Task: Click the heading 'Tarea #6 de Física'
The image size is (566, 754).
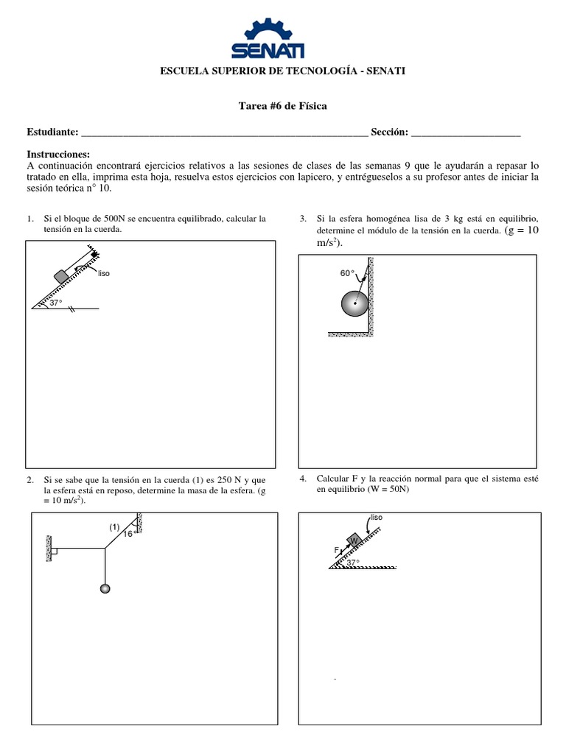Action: point(283,106)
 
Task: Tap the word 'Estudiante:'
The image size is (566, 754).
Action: point(52,132)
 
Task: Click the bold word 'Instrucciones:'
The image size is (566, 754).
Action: point(58,154)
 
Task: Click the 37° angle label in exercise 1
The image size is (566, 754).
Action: point(56,303)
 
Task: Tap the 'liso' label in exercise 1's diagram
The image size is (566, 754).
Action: point(103,273)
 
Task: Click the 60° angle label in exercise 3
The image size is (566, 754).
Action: point(347,273)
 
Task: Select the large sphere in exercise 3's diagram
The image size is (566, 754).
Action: point(355,303)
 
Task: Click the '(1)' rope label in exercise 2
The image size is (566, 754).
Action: point(114,526)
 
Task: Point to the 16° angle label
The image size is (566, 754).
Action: point(128,534)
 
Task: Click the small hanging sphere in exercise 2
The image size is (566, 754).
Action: point(105,588)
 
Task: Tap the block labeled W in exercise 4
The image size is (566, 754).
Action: point(353,540)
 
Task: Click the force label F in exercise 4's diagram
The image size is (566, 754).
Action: point(335,550)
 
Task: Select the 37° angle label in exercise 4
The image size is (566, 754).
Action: point(353,563)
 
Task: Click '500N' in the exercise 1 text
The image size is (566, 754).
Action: point(115,219)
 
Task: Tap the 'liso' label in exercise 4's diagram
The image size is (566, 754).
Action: point(377,518)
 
